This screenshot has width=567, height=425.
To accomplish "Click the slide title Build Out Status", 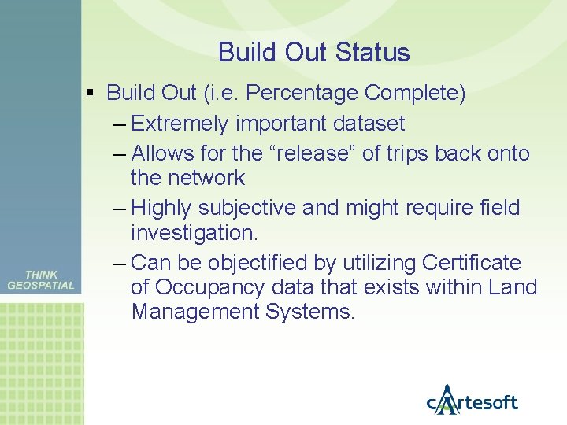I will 313,53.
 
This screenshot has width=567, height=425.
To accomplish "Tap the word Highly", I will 162,208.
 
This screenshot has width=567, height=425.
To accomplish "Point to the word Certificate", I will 472,262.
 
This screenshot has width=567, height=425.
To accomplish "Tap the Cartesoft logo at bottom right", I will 472,401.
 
